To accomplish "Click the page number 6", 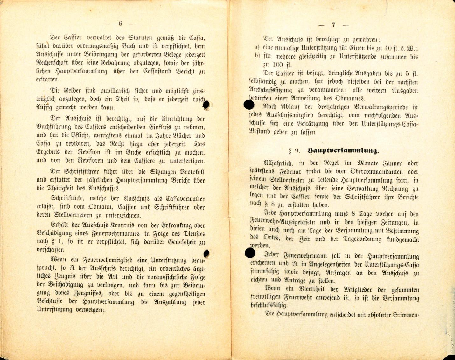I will click(120, 23).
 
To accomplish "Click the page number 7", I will click(333, 25).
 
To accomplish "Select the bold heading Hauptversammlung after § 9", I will click(343, 151).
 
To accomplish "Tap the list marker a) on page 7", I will click(257, 48).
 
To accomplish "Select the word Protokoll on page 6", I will click(192, 172).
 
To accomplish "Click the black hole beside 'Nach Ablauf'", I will click(249, 105).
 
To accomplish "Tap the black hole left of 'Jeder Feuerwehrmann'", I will click(250, 253).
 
